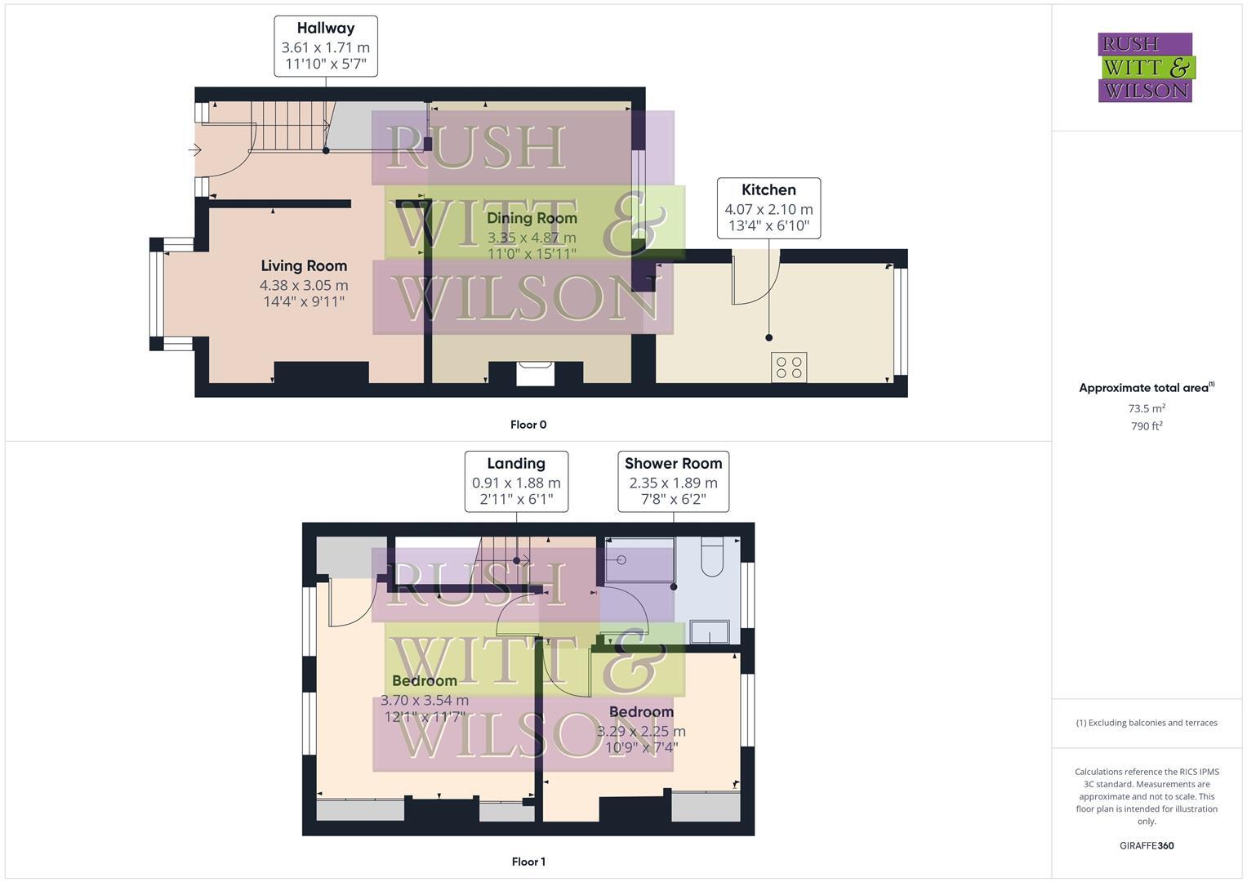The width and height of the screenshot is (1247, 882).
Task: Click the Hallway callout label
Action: click(x=325, y=46)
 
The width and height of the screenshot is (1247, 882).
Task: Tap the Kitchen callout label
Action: click(x=768, y=207)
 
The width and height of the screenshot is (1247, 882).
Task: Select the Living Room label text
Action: click(x=304, y=266)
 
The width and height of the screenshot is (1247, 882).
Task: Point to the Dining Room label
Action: click(x=532, y=218)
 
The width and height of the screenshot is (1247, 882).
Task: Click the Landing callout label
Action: click(x=516, y=481)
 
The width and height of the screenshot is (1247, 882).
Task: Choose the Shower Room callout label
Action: click(x=673, y=481)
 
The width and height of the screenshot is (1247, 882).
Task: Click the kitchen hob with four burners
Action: click(x=789, y=367)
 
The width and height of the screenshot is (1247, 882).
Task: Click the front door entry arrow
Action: click(x=195, y=150)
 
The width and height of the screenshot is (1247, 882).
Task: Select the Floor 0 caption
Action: click(x=528, y=425)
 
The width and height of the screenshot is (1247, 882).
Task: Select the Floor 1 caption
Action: click(x=528, y=862)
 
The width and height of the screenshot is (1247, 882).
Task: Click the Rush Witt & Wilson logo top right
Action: click(x=1145, y=67)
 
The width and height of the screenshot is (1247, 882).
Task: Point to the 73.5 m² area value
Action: click(x=1147, y=408)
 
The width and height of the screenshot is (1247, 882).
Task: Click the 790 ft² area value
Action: click(x=1147, y=426)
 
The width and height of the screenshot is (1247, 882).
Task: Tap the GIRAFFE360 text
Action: click(x=1147, y=846)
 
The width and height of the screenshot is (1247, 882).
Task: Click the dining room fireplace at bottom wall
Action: click(x=536, y=373)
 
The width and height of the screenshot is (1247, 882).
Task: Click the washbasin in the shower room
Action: click(x=709, y=631)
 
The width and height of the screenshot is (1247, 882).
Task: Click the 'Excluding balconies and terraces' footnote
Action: click(x=1147, y=723)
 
